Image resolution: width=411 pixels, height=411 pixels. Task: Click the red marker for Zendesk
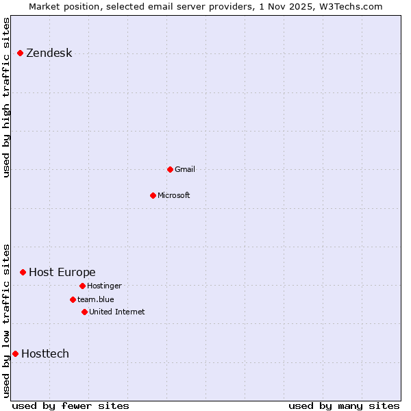[20, 53]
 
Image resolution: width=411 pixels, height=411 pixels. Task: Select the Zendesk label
[49, 53]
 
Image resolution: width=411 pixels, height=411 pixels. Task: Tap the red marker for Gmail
[170, 169]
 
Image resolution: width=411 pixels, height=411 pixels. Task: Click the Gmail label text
[185, 169]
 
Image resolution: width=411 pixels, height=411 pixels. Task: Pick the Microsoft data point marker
[153, 195]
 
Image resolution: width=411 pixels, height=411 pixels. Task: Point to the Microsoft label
[173, 195]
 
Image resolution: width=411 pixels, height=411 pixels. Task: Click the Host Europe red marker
[23, 272]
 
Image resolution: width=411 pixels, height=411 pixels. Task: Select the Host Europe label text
[62, 273]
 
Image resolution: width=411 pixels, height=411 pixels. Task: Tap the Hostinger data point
[82, 286]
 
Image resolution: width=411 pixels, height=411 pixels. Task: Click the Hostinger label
[104, 286]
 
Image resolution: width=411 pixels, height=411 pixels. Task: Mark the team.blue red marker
[73, 299]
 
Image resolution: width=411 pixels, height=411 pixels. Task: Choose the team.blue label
[95, 299]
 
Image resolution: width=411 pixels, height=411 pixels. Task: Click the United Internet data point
[84, 312]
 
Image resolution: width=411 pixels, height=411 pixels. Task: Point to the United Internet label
[116, 312]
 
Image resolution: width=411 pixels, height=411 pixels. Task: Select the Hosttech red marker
[15, 353]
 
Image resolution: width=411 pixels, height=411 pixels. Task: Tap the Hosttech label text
[45, 354]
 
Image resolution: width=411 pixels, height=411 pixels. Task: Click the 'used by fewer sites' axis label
[70, 406]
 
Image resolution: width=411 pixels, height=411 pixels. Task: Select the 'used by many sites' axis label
[344, 406]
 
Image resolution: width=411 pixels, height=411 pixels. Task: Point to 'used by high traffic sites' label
[7, 97]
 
